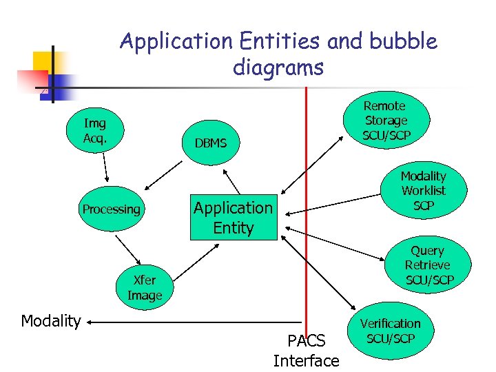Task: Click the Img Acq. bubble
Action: [95, 130]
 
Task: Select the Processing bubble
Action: [111, 209]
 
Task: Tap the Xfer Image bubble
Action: [145, 288]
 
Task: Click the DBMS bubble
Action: [210, 143]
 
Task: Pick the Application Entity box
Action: [233, 218]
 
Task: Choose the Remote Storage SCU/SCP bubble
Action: [385, 121]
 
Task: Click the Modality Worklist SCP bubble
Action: [424, 191]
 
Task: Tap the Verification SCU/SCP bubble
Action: [390, 331]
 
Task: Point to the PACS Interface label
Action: [306, 351]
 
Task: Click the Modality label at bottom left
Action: [51, 321]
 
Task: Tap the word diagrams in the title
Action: [278, 68]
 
